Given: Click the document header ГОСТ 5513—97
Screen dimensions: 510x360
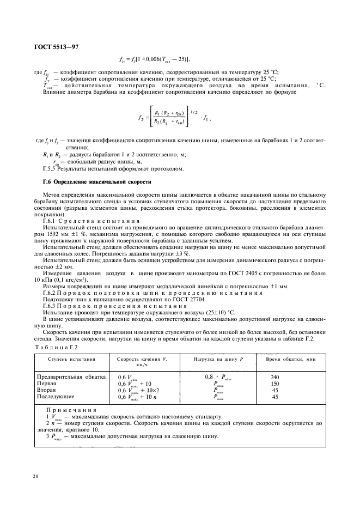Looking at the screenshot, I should (57, 47).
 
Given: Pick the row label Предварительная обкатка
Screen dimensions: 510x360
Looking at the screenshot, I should (67, 377).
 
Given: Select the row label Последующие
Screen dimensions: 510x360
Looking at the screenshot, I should (57, 397).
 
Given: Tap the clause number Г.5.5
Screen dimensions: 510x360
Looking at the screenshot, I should (50, 168).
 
